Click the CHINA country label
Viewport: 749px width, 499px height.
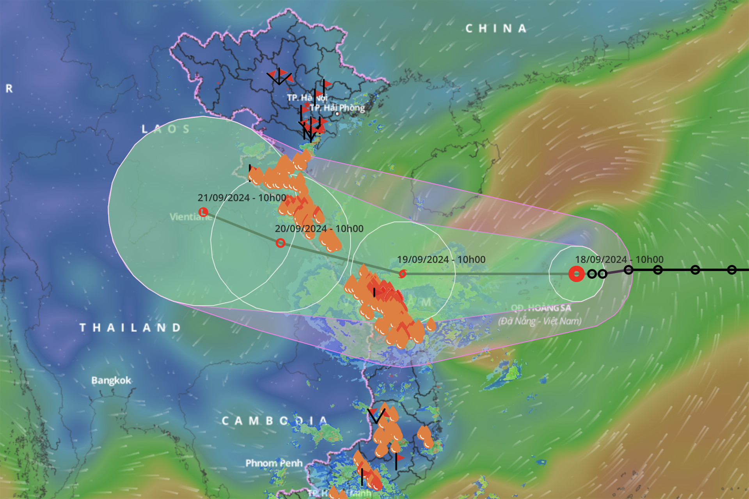tap(496, 28)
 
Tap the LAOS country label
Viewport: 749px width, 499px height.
tap(166, 129)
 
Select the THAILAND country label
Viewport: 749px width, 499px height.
tap(130, 327)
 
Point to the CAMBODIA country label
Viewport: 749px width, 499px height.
tap(275, 421)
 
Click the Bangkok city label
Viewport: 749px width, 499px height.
tap(111, 380)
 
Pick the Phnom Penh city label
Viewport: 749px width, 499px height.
tap(274, 463)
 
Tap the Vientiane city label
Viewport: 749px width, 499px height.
tap(191, 217)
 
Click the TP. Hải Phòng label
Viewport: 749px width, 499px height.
tap(337, 108)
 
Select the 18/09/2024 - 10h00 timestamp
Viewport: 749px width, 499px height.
tap(619, 260)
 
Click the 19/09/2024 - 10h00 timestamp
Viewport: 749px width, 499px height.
tap(441, 260)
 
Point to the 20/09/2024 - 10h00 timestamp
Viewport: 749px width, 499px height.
tap(319, 229)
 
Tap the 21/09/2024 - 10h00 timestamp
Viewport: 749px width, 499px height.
tap(242, 198)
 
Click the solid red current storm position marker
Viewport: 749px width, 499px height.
tap(576, 274)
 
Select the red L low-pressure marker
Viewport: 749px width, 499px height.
tap(203, 212)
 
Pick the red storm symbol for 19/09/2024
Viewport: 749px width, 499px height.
tap(403, 274)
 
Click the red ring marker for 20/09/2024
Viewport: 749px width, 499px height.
tap(280, 243)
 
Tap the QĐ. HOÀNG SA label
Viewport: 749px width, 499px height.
tap(541, 308)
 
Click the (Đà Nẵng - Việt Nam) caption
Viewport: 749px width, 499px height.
tap(540, 321)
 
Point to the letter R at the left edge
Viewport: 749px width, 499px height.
tap(9, 89)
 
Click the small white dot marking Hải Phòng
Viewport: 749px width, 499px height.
tap(337, 114)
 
